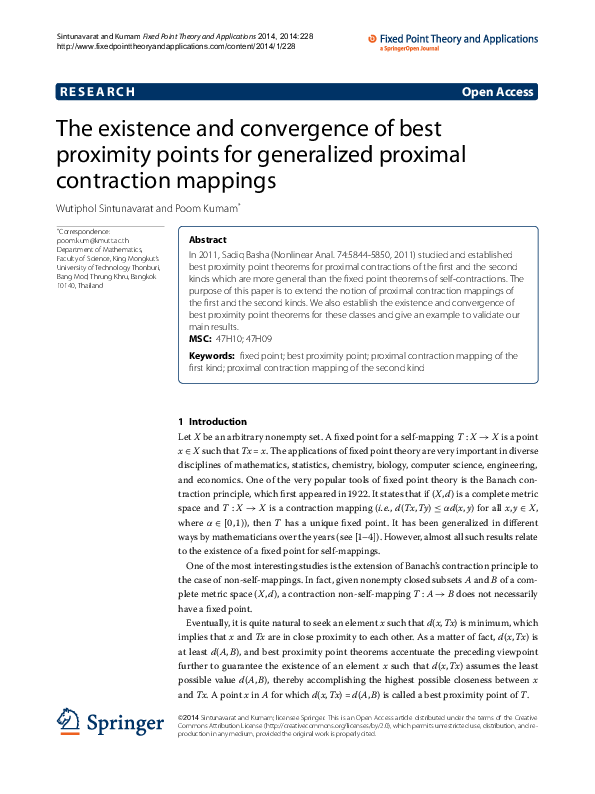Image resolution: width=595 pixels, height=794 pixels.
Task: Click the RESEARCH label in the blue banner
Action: pyautogui.click(x=97, y=92)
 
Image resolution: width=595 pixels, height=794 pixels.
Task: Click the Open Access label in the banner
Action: pyautogui.click(x=497, y=92)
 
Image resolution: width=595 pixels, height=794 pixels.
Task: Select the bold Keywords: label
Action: pyautogui.click(x=212, y=354)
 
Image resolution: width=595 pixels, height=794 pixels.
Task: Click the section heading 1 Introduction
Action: pyautogui.click(x=211, y=422)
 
